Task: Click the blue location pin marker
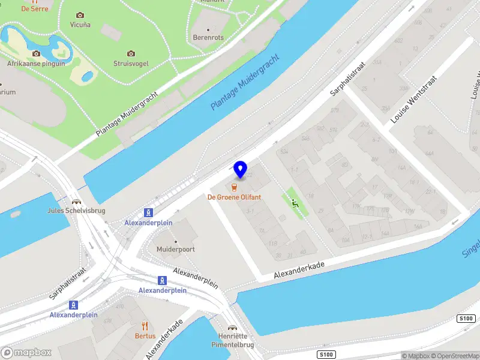coord(241,170)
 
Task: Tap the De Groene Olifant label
coord(234,197)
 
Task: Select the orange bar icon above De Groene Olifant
coord(234,187)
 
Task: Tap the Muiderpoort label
coord(175,249)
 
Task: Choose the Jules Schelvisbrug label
coord(76,211)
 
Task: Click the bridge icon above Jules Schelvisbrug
coord(76,202)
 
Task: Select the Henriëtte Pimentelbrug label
coord(233,340)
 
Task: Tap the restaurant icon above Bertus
coord(145,326)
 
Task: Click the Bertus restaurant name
coord(145,336)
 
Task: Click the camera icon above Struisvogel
coord(131,53)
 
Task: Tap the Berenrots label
coord(208,37)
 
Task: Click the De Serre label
coord(34,9)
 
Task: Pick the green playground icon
coord(295,203)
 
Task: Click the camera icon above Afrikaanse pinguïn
coord(36,53)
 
